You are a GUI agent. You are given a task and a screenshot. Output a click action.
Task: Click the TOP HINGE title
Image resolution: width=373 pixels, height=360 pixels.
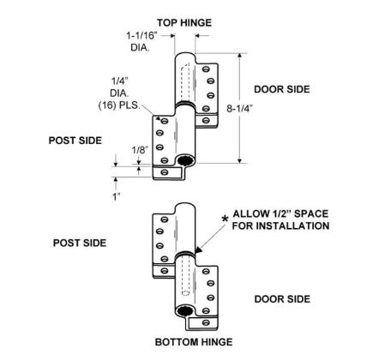pos(184,22)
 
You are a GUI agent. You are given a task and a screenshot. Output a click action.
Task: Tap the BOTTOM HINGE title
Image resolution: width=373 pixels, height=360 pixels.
pos(194,342)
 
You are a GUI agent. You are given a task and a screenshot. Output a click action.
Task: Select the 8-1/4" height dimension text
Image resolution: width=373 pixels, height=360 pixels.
pos(239,109)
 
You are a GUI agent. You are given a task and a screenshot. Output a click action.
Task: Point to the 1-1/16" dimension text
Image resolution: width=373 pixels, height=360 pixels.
pos(142,36)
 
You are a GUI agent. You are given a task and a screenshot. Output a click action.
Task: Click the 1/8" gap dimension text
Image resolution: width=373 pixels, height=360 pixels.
pos(140,150)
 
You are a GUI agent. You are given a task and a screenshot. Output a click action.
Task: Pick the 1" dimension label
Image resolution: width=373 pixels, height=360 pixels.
pos(116,196)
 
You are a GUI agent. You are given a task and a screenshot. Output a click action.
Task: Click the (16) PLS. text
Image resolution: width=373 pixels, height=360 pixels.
pos(119,105)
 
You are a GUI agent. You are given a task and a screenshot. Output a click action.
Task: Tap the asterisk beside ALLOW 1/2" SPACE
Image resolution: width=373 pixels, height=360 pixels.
pos(226,219)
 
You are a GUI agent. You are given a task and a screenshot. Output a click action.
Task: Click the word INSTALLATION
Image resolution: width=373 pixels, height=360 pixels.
pos(292,225)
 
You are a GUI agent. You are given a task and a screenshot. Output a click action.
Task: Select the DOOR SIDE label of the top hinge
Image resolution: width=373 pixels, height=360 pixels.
pos(282,89)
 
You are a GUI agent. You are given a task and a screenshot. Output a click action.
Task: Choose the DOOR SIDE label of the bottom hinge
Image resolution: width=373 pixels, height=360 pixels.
pos(282,299)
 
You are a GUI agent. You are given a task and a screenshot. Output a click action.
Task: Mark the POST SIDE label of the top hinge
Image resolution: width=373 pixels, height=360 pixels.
pos(75,141)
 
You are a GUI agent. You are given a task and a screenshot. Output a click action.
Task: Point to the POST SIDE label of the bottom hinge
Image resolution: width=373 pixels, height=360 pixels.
pos(80,243)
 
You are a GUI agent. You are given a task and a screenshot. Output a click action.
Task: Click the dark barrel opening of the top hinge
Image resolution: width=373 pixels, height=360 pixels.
pos(185,161)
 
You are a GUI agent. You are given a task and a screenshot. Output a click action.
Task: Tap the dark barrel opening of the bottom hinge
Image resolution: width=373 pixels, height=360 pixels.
pos(185,311)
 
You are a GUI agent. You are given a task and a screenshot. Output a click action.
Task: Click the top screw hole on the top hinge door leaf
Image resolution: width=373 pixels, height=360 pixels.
pos(206,69)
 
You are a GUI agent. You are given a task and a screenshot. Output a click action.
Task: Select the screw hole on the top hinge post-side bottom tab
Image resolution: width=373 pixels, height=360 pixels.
pos(165,172)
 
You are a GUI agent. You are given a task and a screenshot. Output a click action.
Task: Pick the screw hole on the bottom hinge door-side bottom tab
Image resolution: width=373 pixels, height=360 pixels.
pos(206,322)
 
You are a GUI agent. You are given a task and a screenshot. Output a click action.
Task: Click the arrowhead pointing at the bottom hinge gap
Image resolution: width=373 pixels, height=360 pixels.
pos(199,249)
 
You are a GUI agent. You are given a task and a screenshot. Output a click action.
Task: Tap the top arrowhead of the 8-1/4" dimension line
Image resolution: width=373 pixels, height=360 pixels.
pos(240,56)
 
